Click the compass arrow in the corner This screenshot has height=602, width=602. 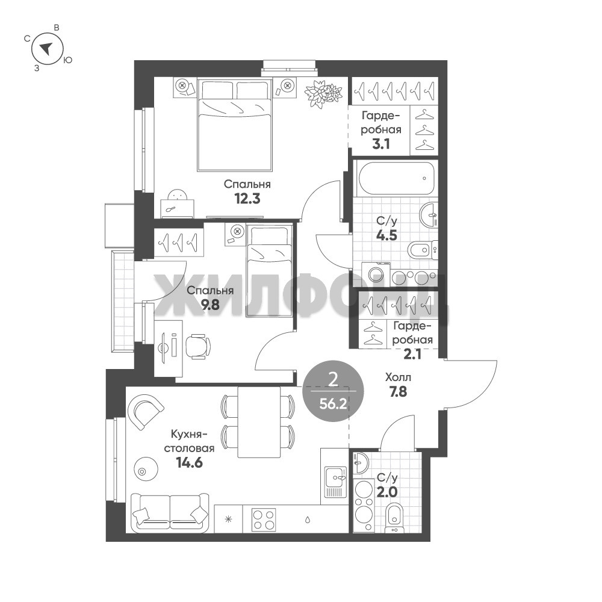click(x=46, y=49)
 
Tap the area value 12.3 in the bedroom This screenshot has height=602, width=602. click(x=247, y=199)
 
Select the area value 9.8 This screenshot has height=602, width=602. click(x=210, y=305)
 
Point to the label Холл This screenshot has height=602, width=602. click(x=398, y=377)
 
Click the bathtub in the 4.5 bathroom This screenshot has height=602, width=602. click(x=396, y=178)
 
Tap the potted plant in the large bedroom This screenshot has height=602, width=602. click(x=323, y=93)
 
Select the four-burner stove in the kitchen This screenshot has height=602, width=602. click(x=264, y=520)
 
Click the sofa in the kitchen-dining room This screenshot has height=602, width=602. click(x=170, y=512)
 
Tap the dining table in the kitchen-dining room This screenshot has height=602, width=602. click(x=259, y=422)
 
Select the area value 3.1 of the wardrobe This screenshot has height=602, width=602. click(x=381, y=144)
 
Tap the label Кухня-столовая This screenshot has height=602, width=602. click(x=189, y=441)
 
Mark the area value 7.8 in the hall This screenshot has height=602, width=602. click(x=398, y=392)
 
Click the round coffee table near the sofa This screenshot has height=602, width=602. click(x=146, y=468)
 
